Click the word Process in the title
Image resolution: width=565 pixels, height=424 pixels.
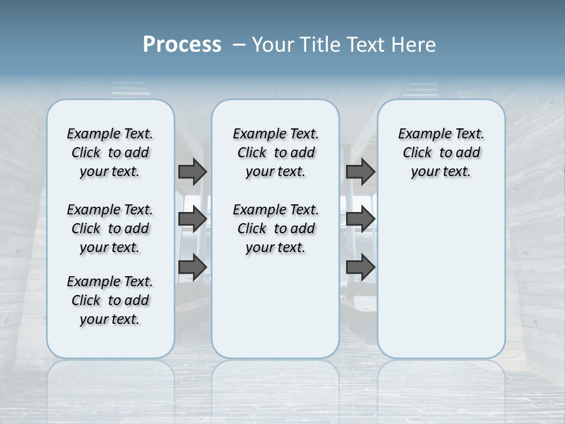182,44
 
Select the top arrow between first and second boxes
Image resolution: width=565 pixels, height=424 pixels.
192,171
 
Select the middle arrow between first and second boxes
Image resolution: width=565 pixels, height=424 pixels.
192,219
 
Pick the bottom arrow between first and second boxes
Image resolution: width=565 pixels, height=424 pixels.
192,267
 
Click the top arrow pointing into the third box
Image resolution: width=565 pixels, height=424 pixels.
360,171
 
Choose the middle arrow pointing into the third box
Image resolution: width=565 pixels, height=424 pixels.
360,219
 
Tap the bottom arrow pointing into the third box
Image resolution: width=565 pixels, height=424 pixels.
360,267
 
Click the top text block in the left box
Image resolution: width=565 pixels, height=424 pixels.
110,153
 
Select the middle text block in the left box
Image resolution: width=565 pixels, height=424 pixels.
110,228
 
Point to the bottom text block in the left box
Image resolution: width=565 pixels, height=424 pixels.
110,300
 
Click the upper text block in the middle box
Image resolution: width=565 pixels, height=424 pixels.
275,153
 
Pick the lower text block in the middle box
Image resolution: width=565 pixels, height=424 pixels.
275,228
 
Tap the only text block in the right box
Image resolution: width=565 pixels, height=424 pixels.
441,153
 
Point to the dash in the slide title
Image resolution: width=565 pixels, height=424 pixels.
240,45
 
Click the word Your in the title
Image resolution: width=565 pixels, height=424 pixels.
272,44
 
